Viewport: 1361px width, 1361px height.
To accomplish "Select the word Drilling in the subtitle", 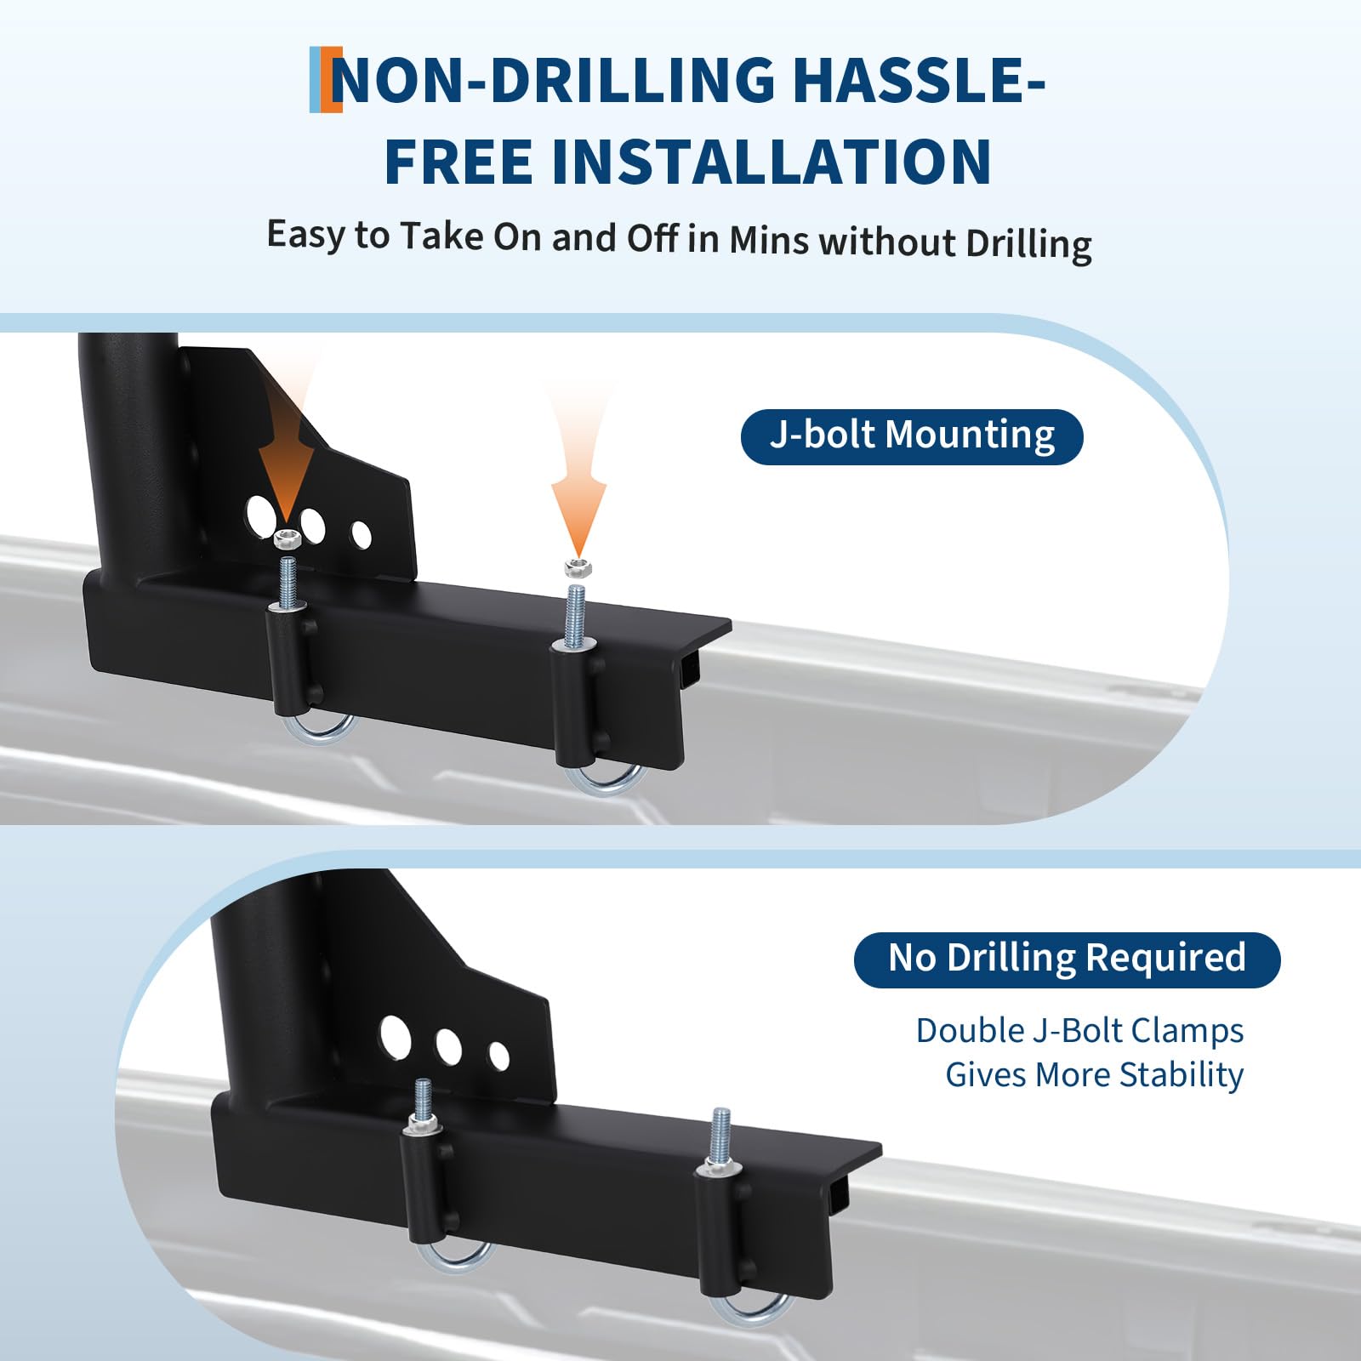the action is tap(1028, 244).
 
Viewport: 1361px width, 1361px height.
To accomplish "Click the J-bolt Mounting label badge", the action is tap(912, 436).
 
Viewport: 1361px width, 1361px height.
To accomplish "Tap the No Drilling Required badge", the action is tap(1067, 960).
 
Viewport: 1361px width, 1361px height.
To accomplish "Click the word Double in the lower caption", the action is tap(971, 1031).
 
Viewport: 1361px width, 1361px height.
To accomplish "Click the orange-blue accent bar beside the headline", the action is tap(326, 80).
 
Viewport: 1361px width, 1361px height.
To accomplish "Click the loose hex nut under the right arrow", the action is tap(578, 567).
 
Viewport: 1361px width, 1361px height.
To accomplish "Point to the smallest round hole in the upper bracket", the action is tap(362, 535).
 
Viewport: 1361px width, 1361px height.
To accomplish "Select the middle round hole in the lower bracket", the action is tap(448, 1047).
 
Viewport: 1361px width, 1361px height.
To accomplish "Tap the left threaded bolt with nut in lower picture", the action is tap(423, 1107).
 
